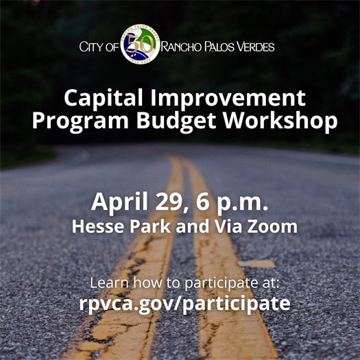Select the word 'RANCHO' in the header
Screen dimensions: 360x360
point(184,48)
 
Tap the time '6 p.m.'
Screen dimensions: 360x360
point(227,204)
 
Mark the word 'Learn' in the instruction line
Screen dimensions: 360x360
point(107,282)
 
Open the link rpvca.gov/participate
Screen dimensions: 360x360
point(180,303)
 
